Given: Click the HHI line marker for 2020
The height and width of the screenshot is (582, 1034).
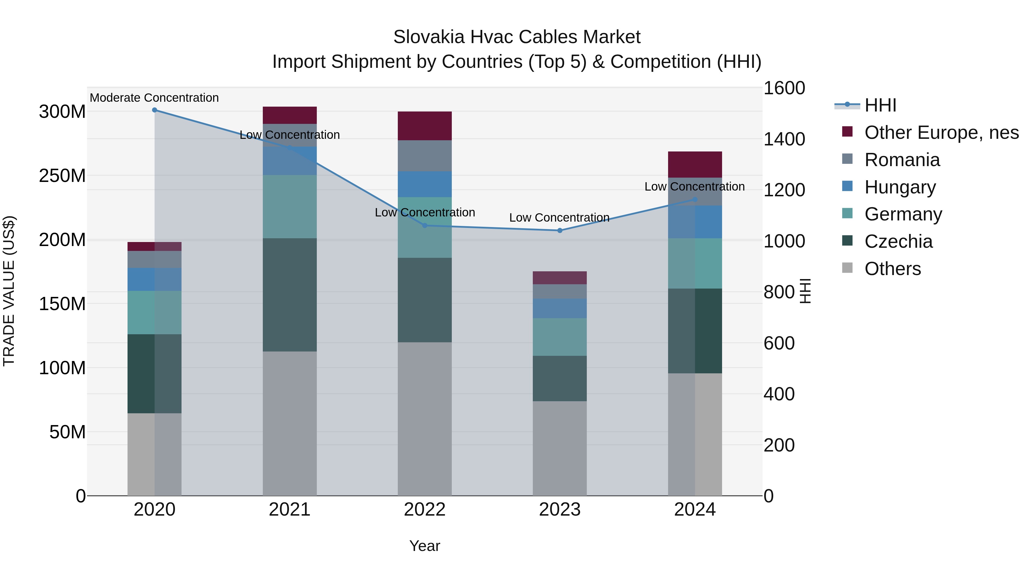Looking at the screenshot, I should pos(155,110).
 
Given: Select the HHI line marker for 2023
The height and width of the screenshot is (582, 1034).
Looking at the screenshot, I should pos(560,231).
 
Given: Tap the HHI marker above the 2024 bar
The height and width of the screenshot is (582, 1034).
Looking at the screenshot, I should pos(695,199).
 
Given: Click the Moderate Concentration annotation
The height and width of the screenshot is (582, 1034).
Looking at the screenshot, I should pos(154,98).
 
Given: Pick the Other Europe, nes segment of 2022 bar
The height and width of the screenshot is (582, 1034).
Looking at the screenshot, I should pos(425,126).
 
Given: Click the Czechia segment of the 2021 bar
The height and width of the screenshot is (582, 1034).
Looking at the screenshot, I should pos(290,295).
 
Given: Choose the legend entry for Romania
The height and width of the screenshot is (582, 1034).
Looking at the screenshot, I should pos(902,160).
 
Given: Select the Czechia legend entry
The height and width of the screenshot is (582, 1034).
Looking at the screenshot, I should pos(898,241).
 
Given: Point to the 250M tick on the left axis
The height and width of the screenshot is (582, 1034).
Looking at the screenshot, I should pos(62,176).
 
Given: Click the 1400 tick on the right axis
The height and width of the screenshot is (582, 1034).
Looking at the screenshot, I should pos(784,139).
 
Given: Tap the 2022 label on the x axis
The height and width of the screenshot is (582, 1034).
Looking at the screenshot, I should pos(425,510).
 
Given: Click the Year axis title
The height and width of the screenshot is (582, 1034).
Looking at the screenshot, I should pos(425,546).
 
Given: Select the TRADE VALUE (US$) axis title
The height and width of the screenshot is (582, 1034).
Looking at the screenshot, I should pos(9,291).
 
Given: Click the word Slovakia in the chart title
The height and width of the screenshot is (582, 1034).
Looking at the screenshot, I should pos(429,37).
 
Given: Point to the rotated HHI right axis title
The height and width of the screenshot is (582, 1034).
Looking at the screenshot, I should pos(805,291).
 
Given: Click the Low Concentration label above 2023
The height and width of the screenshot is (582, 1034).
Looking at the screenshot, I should pos(559,218).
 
